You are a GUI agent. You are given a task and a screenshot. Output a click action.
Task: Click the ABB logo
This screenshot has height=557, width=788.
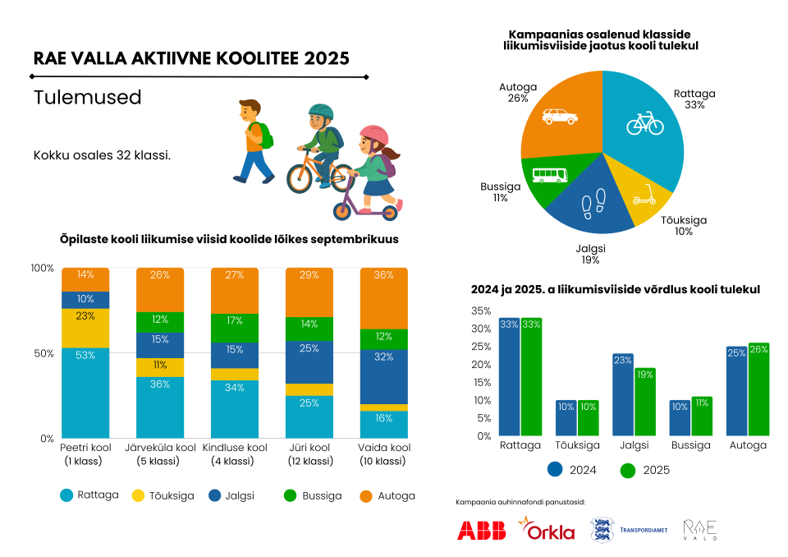[x=481, y=531]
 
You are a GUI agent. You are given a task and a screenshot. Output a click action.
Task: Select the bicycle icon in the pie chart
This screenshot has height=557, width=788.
[x=644, y=123]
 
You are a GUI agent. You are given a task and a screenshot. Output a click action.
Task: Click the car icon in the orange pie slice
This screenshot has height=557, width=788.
[x=560, y=117]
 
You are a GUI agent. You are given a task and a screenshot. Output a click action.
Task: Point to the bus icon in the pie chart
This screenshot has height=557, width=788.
[x=549, y=174]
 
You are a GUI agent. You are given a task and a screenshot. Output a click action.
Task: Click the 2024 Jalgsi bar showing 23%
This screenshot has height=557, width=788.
[x=623, y=394]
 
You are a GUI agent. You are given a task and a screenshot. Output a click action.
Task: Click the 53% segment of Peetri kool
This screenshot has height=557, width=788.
[x=85, y=393]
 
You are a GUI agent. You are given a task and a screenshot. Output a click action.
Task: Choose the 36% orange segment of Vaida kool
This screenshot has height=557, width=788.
[x=384, y=298]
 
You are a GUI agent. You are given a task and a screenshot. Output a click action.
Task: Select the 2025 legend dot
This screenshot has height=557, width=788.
[x=629, y=471]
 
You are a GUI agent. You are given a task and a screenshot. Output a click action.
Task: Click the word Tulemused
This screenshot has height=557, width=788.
[x=88, y=97]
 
